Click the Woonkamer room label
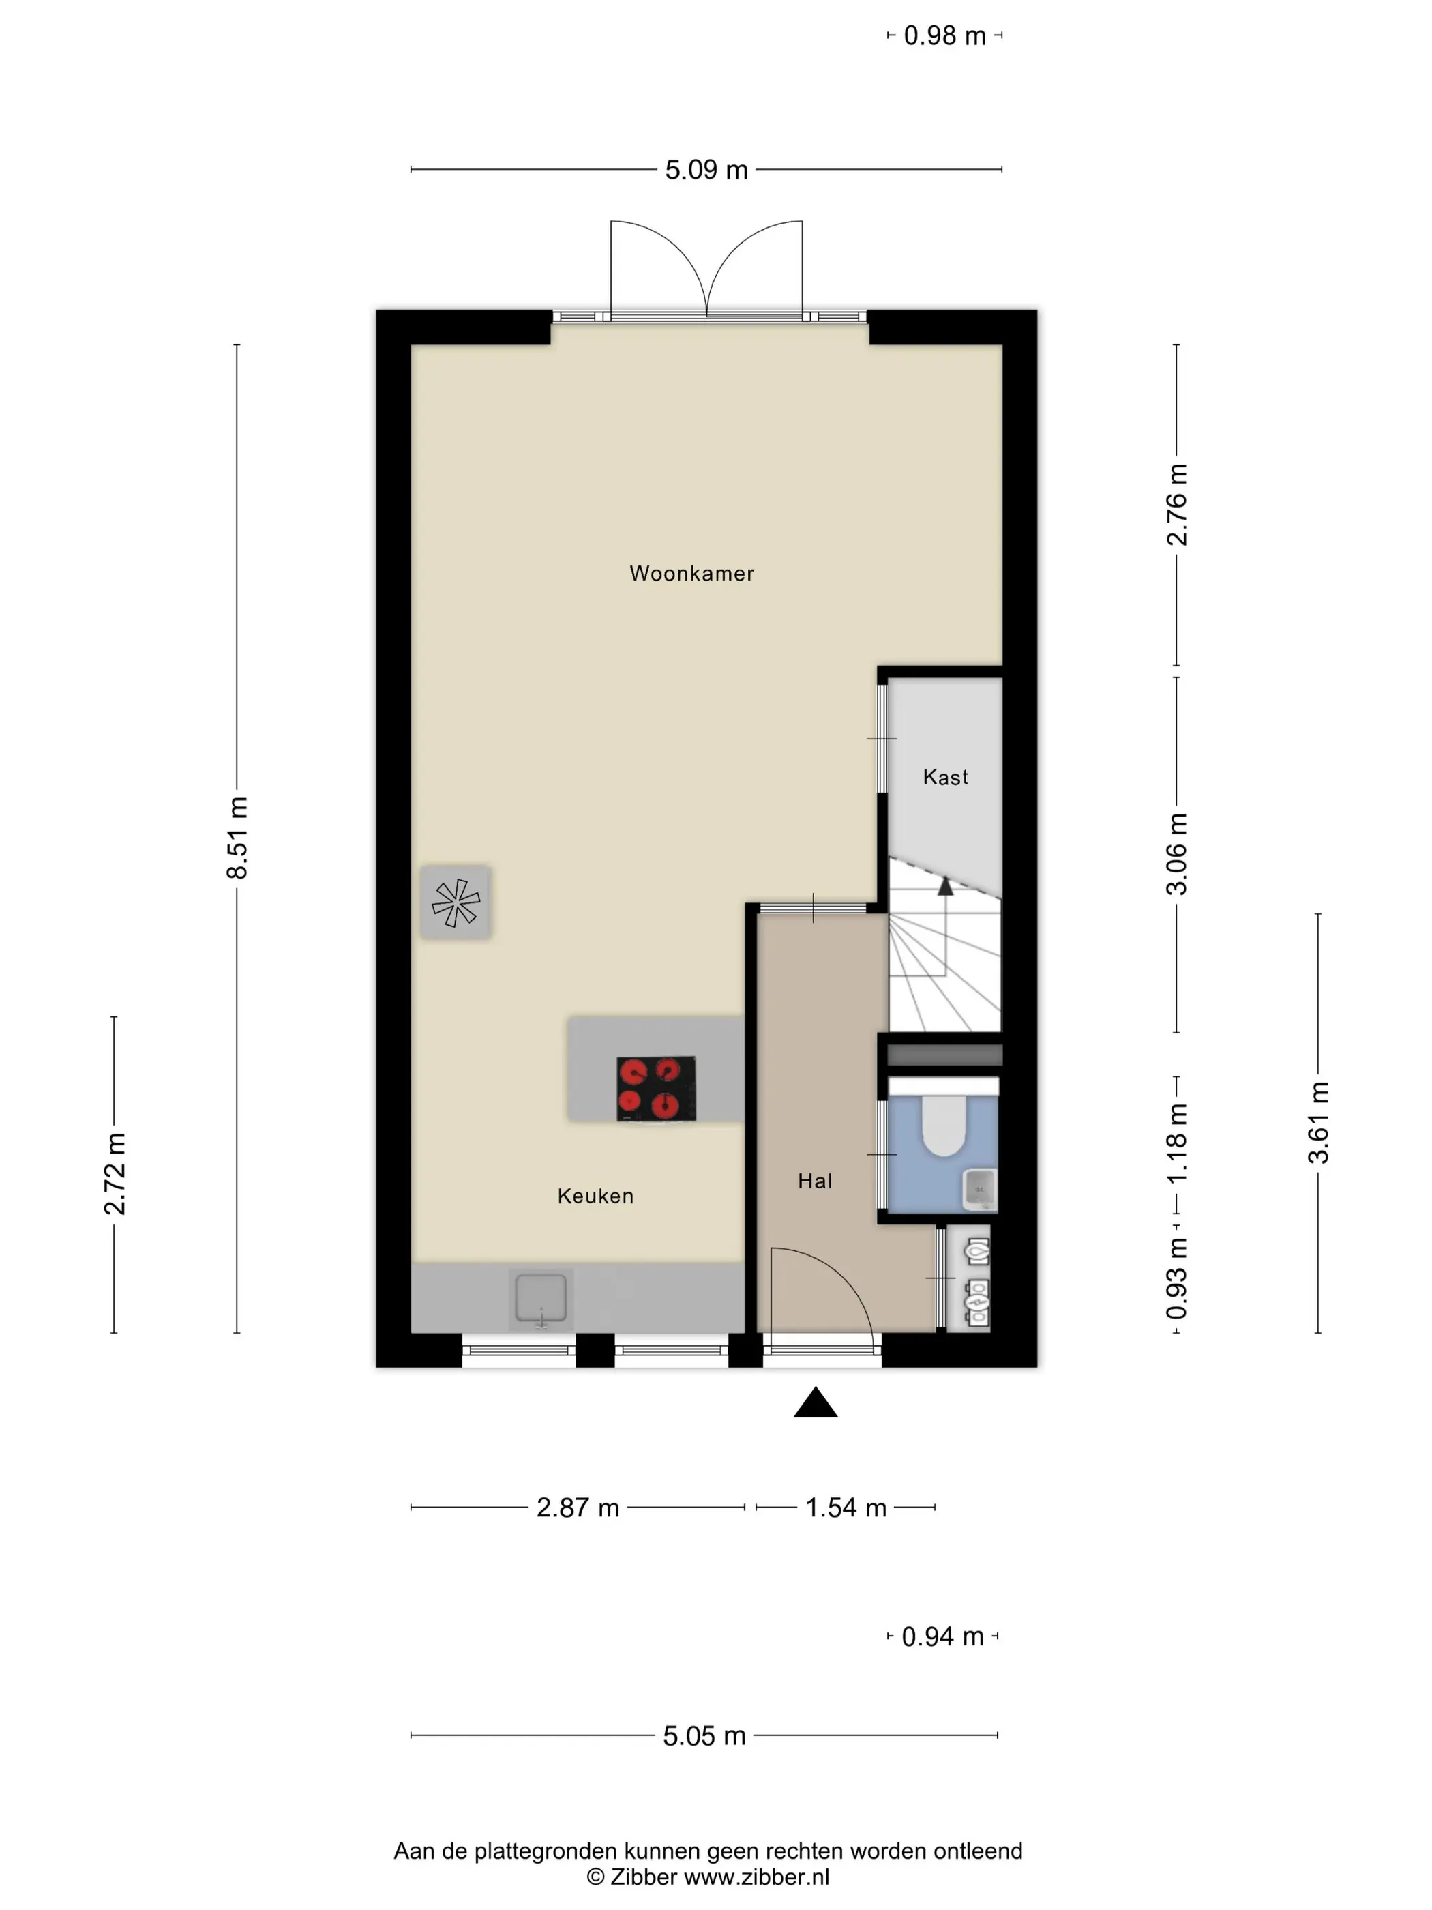pyautogui.click(x=691, y=574)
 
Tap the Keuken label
pyautogui.click(x=595, y=1196)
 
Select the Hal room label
pyautogui.click(x=815, y=1181)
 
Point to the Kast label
pyautogui.click(x=945, y=777)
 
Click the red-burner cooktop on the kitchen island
pyautogui.click(x=656, y=1089)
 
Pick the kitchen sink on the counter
pyautogui.click(x=541, y=1299)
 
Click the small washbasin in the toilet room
pyautogui.click(x=980, y=1189)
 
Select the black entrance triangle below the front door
pyautogui.click(x=816, y=1402)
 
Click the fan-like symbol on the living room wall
pyautogui.click(x=456, y=902)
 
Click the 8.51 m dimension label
pyautogui.click(x=237, y=838)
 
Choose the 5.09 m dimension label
pyautogui.click(x=706, y=170)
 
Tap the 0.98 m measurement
pyautogui.click(x=944, y=36)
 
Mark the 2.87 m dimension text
pyautogui.click(x=578, y=1508)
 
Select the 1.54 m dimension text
pyautogui.click(x=846, y=1508)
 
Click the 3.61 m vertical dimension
pyautogui.click(x=1318, y=1123)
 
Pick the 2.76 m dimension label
pyautogui.click(x=1176, y=505)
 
